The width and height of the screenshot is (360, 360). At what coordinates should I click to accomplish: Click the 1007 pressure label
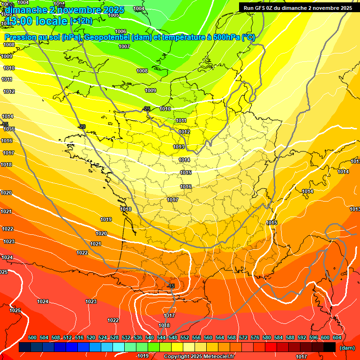tap(124, 46)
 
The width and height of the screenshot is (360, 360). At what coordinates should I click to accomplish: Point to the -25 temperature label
tap(147, 109)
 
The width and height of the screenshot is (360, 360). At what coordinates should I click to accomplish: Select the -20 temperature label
tap(82, 127)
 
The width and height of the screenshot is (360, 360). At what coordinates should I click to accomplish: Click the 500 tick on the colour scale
tap(32, 338)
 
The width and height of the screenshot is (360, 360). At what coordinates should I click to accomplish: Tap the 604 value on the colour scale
tap(337, 338)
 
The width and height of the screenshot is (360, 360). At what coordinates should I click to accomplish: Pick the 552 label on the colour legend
tap(185, 338)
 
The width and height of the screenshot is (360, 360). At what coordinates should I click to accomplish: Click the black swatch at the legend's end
tap(330, 347)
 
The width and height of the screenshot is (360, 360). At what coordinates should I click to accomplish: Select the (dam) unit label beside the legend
tap(347, 347)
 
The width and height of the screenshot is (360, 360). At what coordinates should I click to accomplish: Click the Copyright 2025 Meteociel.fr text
tap(199, 356)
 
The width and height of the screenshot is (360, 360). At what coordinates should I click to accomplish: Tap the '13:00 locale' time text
tap(37, 21)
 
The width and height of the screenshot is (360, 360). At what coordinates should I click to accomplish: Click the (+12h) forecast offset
tap(81, 21)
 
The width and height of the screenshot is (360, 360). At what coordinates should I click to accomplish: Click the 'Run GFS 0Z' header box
tap(298, 8)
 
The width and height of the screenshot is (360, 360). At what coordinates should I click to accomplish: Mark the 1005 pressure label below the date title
tap(113, 15)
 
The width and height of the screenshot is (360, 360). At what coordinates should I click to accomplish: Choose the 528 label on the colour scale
tap(114, 338)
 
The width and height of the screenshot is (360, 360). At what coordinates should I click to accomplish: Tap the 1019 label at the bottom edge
tap(143, 356)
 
